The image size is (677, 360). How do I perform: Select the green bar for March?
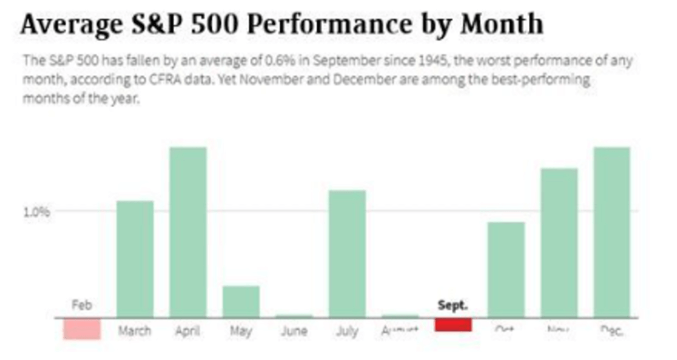pos(135,259)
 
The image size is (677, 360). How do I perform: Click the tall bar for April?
pos(188,233)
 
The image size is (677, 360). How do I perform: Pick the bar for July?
pos(347,253)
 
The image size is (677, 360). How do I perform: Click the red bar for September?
pos(453,325)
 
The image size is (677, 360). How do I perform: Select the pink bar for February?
pos(82,328)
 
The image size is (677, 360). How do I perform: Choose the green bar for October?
pos(506,270)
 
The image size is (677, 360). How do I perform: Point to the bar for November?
pos(559,243)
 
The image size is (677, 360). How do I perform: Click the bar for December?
pos(612,233)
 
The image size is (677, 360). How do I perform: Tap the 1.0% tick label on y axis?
pos(36,212)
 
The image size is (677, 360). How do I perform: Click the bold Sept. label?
pos(453,306)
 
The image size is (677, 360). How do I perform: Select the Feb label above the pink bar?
pos(82,305)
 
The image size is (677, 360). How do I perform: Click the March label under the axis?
pos(134,331)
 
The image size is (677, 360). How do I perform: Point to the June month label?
pos(294,331)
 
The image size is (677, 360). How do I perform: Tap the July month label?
pos(347,331)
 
